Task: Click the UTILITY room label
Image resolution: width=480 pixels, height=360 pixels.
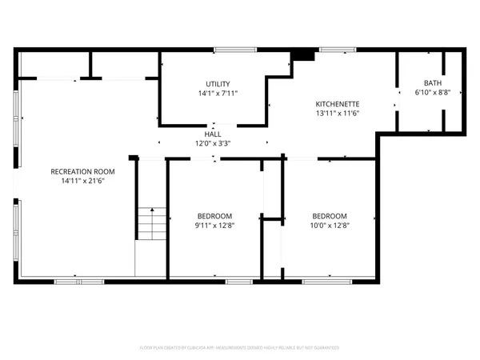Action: click(x=218, y=84)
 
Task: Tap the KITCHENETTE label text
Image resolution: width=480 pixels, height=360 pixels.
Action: click(x=337, y=104)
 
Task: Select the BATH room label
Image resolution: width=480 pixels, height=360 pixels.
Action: click(x=433, y=83)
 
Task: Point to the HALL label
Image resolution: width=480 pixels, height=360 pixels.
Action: click(x=213, y=134)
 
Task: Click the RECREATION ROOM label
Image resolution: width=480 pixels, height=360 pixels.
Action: click(x=82, y=172)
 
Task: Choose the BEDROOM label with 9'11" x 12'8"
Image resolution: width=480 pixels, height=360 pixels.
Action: click(x=214, y=216)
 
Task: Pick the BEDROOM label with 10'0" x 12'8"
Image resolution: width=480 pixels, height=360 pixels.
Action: click(x=329, y=216)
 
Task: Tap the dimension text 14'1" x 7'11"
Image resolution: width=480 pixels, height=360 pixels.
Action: click(x=218, y=93)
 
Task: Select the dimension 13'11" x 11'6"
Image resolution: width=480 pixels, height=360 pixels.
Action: click(x=337, y=113)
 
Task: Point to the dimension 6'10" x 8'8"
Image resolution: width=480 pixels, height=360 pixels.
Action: click(x=433, y=92)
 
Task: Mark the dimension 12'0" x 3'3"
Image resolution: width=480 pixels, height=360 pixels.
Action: click(x=213, y=143)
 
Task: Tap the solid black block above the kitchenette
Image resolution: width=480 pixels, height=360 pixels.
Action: click(x=303, y=54)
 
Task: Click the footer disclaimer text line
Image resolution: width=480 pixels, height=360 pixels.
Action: click(x=239, y=348)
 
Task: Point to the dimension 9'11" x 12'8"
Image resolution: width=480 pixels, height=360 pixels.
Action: click(x=214, y=225)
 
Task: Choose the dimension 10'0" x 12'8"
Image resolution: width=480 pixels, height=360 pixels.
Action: click(x=329, y=225)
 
